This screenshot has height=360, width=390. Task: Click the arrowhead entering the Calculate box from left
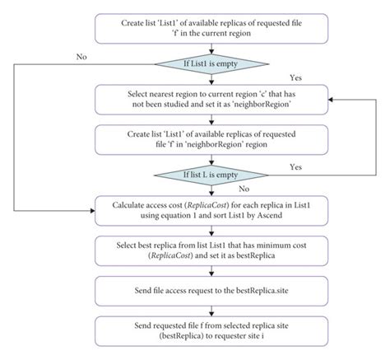pos(91,211)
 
